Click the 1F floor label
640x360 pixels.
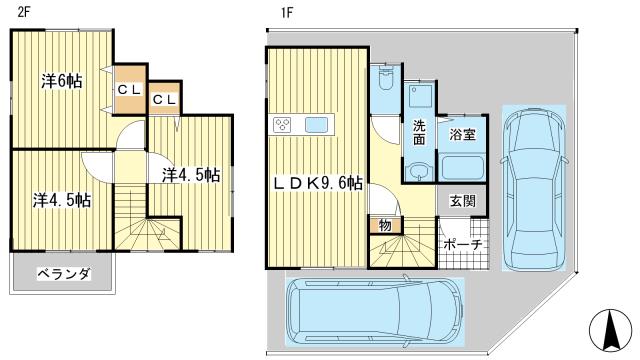[273, 12]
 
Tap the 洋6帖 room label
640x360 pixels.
[61, 81]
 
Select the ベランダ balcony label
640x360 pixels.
[64, 273]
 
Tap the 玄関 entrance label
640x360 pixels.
[462, 200]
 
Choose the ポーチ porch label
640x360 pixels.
[462, 245]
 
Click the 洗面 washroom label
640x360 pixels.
[420, 133]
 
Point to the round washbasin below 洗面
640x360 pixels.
[420, 170]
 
